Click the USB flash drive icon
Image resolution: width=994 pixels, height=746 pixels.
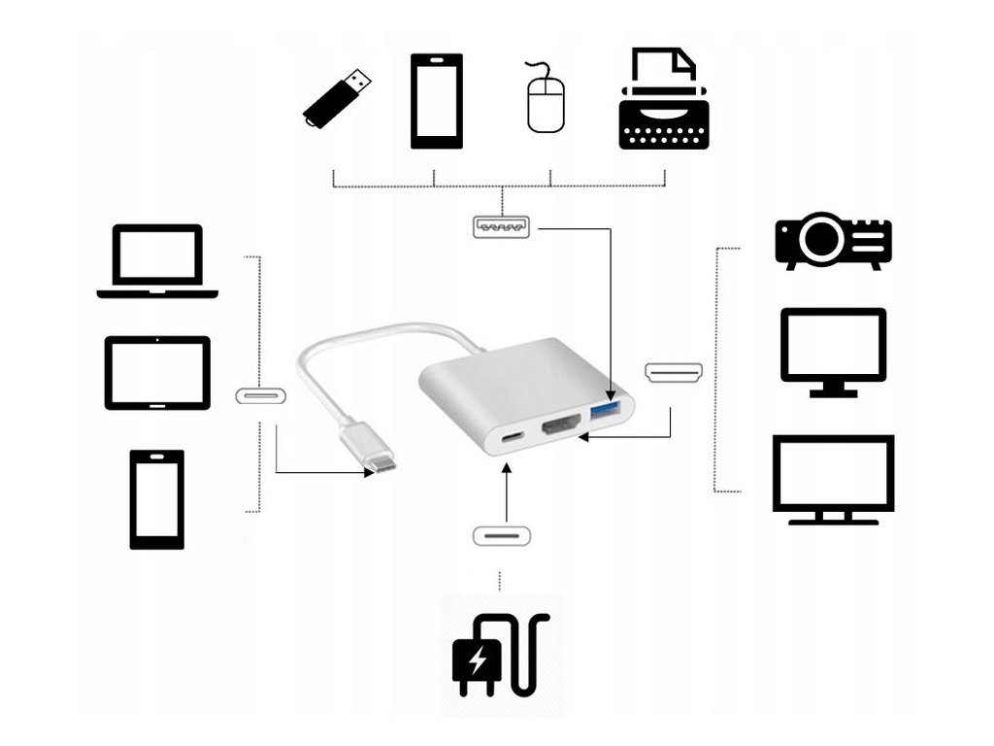click(x=337, y=98)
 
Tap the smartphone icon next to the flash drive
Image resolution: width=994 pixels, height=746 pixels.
click(x=436, y=101)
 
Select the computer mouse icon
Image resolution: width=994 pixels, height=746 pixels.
click(x=546, y=98)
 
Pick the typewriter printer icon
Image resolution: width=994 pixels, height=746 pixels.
click(x=664, y=99)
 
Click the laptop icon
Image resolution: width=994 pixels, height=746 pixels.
click(x=157, y=260)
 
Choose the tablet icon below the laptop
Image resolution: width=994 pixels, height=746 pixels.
click(x=157, y=373)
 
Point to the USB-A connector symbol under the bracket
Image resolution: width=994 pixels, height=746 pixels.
click(x=502, y=228)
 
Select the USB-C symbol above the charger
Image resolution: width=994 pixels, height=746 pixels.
click(x=501, y=536)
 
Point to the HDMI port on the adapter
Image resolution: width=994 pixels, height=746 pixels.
click(x=561, y=427)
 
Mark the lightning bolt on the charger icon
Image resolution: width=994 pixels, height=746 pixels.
click(x=478, y=662)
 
